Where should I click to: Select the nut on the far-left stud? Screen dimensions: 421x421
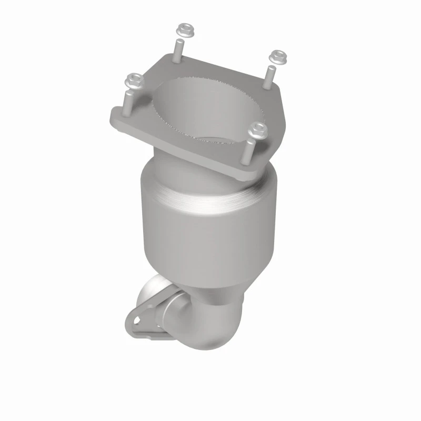pyautogui.click(x=133, y=81)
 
